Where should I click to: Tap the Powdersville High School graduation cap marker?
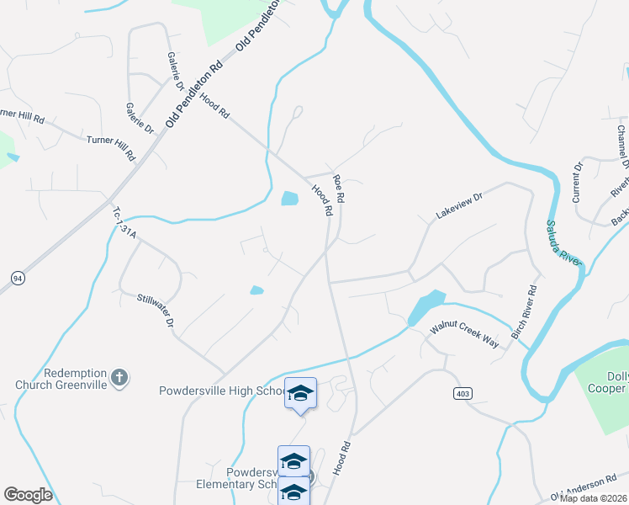300,393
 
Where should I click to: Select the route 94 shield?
17,277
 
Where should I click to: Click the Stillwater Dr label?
156,311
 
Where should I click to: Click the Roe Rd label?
340,188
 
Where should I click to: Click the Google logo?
28,494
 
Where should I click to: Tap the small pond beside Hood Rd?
289,199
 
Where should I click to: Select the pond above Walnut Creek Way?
425,308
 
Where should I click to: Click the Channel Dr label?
622,146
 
